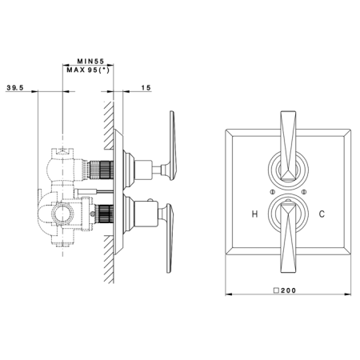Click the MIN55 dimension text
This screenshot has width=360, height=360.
pyautogui.click(x=90, y=62)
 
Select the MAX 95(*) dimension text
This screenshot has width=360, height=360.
pyautogui.click(x=88, y=70)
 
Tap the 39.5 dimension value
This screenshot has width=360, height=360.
pyautogui.click(x=15, y=87)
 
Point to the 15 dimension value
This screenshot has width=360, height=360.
pyautogui.click(x=146, y=87)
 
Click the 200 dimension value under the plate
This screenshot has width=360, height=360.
pyautogui.click(x=288, y=290)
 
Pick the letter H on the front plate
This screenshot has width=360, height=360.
pyautogui.click(x=254, y=214)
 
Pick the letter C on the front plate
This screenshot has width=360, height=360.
pyautogui.click(x=322, y=214)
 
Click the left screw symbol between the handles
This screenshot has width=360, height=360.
pyautogui.click(x=272, y=191)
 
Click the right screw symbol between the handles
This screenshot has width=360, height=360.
pyautogui.click(x=304, y=191)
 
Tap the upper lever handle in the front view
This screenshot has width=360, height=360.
pyautogui.click(x=288, y=146)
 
